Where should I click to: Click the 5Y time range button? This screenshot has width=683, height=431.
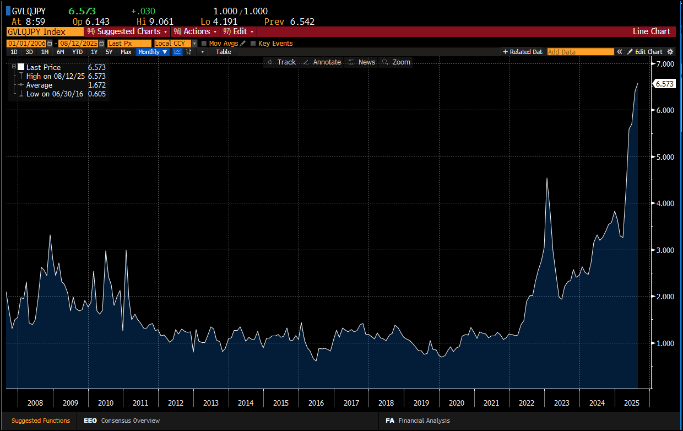click(x=109, y=52)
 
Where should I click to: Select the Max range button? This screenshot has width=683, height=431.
click(x=126, y=52)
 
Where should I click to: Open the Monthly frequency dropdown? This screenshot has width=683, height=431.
click(x=153, y=52)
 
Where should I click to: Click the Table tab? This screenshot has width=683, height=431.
click(x=224, y=52)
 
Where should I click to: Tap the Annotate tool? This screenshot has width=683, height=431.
click(x=323, y=62)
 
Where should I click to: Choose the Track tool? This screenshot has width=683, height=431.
click(x=281, y=62)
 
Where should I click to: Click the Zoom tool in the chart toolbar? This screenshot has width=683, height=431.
click(x=397, y=62)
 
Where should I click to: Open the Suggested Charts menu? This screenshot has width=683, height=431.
click(x=127, y=31)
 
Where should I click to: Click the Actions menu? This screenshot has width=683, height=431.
click(x=196, y=31)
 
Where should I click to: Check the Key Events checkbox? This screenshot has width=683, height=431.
click(x=253, y=44)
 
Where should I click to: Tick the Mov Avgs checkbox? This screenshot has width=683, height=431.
click(x=204, y=44)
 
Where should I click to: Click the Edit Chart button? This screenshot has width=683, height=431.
click(x=645, y=52)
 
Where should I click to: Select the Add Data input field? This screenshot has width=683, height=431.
click(x=581, y=52)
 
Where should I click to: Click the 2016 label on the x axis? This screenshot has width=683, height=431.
click(x=316, y=403)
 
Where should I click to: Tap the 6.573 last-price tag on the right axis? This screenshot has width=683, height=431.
click(x=664, y=84)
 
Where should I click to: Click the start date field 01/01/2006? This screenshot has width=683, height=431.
click(x=27, y=44)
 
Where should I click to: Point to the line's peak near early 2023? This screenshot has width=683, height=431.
click(x=547, y=178)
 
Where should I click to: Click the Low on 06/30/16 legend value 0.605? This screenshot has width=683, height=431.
click(x=97, y=94)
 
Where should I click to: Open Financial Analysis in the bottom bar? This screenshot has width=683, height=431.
click(x=418, y=421)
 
